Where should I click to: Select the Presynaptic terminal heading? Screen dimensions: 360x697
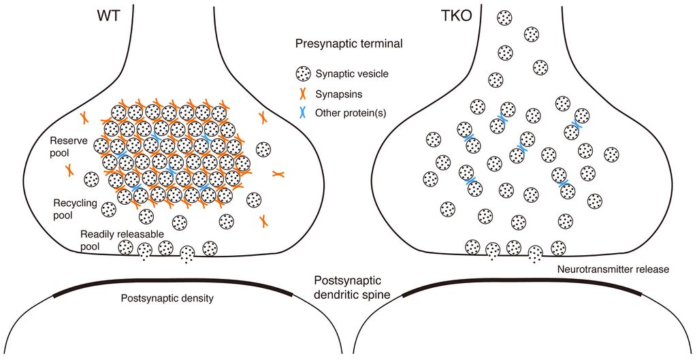pyautogui.click(x=349, y=44)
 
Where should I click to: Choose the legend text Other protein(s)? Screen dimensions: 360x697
pyautogui.click(x=351, y=112)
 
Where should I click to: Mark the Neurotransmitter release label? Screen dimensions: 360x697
pyautogui.click(x=613, y=269)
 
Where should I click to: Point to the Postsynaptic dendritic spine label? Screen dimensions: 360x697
pyautogui.click(x=348, y=287)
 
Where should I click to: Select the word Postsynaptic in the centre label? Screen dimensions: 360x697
pyautogui.click(x=348, y=280)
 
